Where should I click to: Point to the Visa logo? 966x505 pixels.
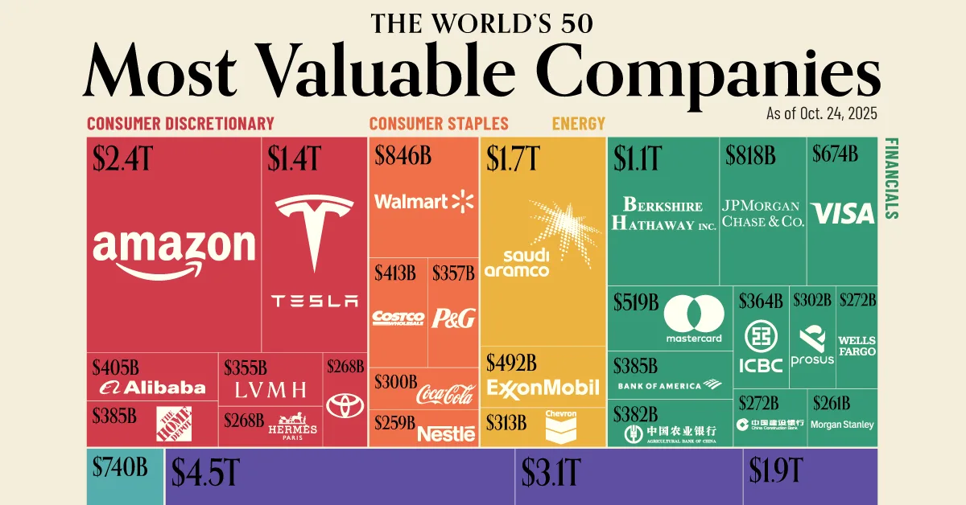(x=842, y=213)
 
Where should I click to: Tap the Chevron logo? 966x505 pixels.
(x=561, y=426)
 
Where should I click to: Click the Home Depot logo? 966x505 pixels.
(x=174, y=425)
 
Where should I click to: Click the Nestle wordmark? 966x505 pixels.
(x=446, y=433)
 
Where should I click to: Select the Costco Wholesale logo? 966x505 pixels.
(x=398, y=318)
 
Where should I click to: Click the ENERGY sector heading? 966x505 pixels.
(x=578, y=124)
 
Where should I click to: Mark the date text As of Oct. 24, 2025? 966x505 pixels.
(x=821, y=114)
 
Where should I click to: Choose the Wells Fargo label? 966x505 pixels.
(x=857, y=346)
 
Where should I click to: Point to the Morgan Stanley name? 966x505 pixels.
(x=841, y=425)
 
